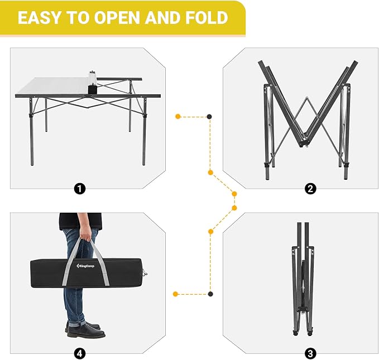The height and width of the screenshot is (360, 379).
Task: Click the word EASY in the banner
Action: [40, 18]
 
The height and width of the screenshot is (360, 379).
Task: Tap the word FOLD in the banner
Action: [207, 18]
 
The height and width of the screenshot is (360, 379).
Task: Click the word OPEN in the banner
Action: [117, 18]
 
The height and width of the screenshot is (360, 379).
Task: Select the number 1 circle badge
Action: [80, 188]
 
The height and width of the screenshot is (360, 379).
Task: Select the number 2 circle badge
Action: [310, 188]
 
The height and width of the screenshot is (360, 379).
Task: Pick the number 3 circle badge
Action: [310, 353]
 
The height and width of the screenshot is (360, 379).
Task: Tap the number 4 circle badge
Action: [80, 354]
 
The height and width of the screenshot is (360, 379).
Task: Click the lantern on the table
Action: [92, 83]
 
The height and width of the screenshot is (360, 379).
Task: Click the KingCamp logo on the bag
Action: [85, 266]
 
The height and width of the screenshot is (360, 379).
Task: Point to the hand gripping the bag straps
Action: [86, 233]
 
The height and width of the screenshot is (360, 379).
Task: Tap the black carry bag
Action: [88, 273]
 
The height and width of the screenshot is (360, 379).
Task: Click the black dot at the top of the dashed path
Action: [209, 117]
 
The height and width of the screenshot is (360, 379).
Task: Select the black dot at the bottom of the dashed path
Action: [210, 294]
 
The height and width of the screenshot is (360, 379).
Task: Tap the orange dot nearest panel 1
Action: [178, 117]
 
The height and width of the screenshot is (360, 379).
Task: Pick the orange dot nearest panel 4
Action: [175, 294]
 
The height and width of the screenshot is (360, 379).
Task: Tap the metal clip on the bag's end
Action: [145, 273]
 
